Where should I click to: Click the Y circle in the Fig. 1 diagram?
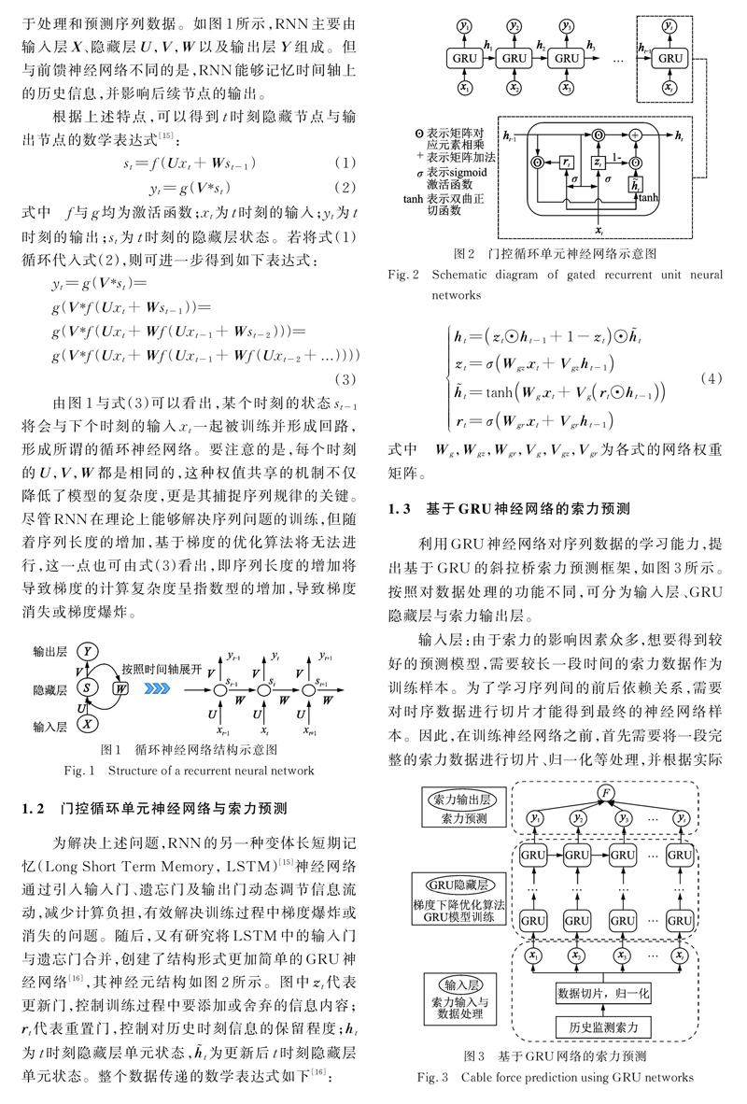[x=87, y=651]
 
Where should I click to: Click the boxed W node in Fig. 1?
[x=121, y=688]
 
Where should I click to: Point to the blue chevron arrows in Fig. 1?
[x=155, y=688]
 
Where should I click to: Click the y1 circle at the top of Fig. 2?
[x=464, y=27]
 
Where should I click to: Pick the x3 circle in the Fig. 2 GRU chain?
[x=565, y=88]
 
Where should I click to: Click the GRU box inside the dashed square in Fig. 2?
[x=669, y=57]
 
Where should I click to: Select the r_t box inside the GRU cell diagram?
[x=568, y=163]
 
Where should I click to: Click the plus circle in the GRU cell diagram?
[x=636, y=136]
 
